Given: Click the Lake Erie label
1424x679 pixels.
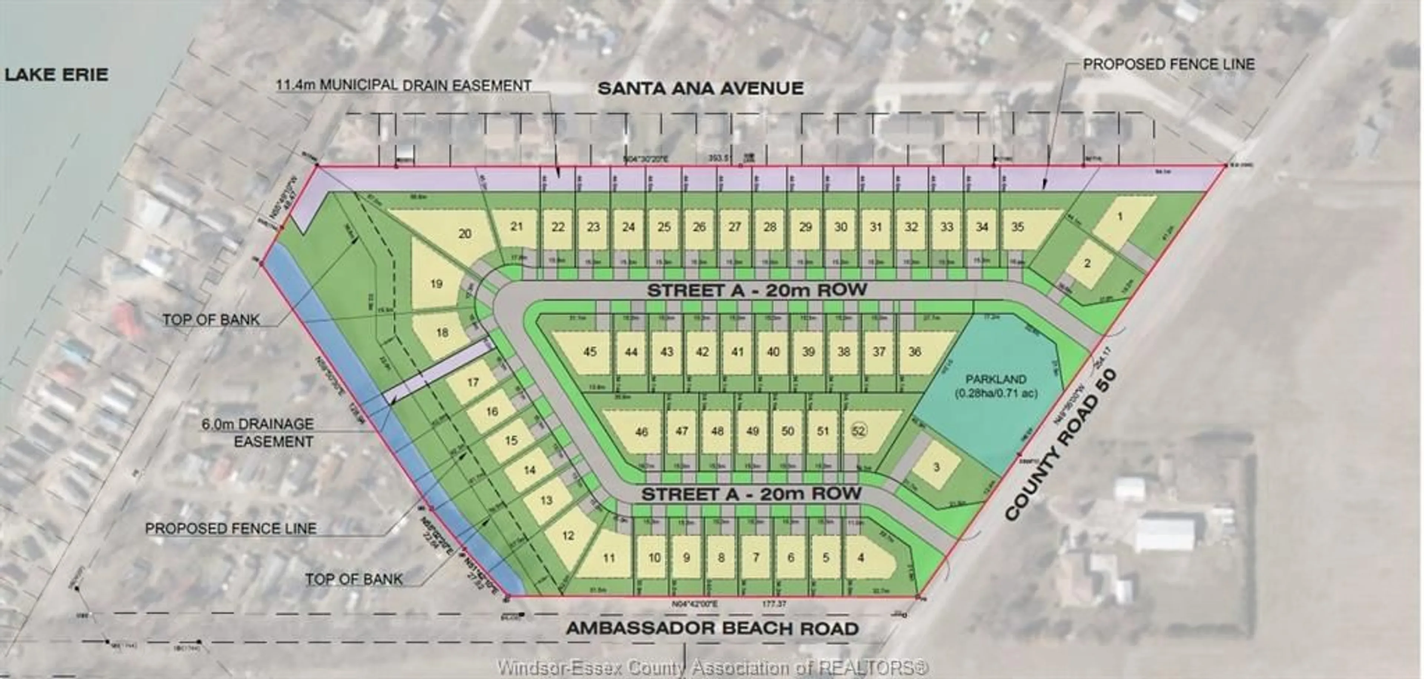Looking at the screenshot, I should pyautogui.click(x=56, y=75).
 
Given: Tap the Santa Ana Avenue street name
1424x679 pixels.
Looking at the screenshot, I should pyautogui.click(x=701, y=88).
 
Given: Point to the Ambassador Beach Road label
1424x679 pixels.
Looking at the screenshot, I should pyautogui.click(x=712, y=629).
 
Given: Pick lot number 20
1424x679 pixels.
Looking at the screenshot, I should pyautogui.click(x=465, y=233).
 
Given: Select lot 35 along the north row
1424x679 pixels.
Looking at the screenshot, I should pyautogui.click(x=1017, y=227).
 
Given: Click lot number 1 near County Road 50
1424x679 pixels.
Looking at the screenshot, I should pyautogui.click(x=1120, y=216).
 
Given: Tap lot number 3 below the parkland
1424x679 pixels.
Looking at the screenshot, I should pyautogui.click(x=936, y=467).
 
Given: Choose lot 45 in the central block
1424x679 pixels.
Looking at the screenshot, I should pyautogui.click(x=590, y=352).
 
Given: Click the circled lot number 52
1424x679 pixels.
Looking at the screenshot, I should pyautogui.click(x=858, y=431).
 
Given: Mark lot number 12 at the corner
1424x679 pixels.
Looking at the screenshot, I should pyautogui.click(x=568, y=535).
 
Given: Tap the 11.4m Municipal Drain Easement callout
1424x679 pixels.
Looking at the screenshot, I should pyautogui.click(x=403, y=86).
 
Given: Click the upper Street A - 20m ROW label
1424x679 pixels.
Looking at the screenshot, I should pyautogui.click(x=757, y=290).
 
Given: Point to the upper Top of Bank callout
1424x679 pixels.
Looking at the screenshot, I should pyautogui.click(x=211, y=319).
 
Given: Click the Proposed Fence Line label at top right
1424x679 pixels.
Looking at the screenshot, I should pyautogui.click(x=1168, y=65).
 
